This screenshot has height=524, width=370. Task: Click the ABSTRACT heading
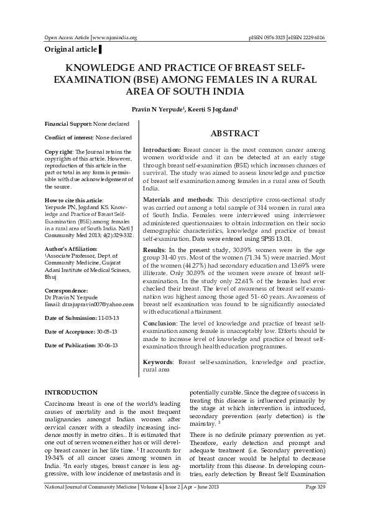coord(234,134)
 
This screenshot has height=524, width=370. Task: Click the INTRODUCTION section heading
coord(71,392)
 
